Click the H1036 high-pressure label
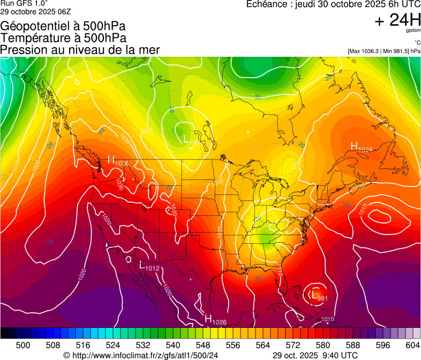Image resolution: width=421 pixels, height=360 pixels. coord(118,160)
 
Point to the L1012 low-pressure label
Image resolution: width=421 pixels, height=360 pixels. coord(149,265)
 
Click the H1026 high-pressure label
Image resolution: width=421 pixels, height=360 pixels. coord(216,320)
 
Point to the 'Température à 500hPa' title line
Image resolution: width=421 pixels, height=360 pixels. coord(63,37)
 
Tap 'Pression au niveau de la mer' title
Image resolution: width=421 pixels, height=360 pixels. coord(80,49)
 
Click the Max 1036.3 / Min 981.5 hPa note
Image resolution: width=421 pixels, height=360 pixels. coord(384,51)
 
